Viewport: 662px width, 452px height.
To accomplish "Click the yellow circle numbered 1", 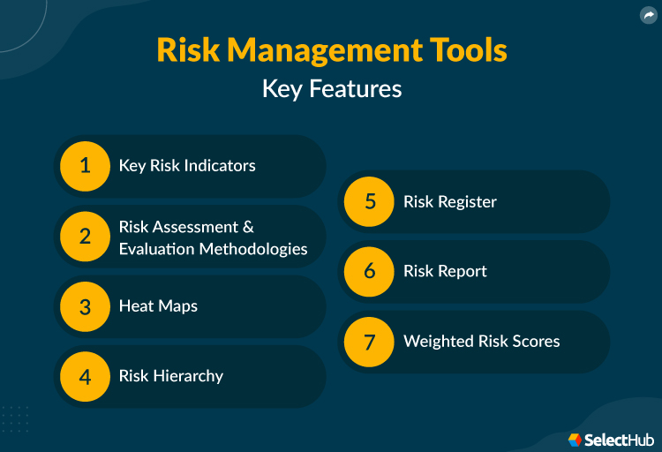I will pos(85,166).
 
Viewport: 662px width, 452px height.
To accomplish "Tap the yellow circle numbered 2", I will pos(85,237).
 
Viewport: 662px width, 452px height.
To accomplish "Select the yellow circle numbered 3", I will pos(85,306).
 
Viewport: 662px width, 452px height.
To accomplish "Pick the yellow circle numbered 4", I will pos(85,376).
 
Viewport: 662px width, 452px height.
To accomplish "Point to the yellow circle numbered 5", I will pos(369,201).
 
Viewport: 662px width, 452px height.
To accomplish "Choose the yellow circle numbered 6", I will pos(369,271).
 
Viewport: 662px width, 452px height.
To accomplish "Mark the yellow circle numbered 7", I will pos(369,341).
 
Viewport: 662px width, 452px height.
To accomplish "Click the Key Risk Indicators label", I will pos(187,166).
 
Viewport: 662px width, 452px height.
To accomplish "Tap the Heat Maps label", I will pos(158,306).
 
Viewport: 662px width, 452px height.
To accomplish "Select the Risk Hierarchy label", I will pos(171,376).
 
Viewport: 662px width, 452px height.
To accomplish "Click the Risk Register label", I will pos(450,201).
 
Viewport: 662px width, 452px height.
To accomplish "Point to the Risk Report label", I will pos(445,271).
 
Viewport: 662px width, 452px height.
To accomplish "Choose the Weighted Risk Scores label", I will pos(481,341).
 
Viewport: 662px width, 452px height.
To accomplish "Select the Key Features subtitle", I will pos(331,89).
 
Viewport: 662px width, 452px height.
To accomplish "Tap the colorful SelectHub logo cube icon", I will pos(575,439).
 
